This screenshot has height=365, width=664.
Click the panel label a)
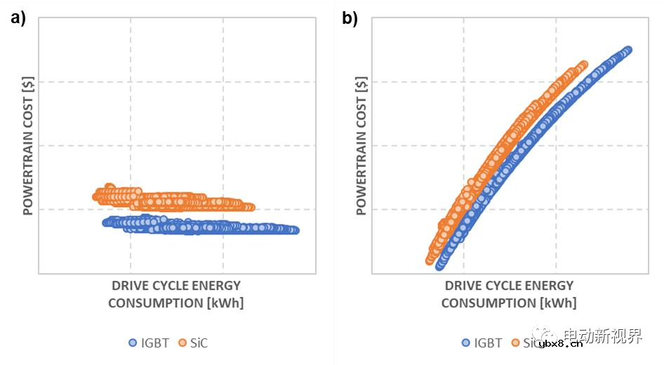(18, 19)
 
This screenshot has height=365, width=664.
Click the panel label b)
(350, 19)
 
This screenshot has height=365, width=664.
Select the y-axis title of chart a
(29, 145)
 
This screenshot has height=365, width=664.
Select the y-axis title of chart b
(361, 145)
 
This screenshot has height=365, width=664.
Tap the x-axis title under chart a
(176, 294)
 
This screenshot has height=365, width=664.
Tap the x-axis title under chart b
(509, 294)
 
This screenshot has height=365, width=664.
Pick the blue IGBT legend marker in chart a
(133, 343)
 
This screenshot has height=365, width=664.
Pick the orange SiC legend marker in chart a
(182, 343)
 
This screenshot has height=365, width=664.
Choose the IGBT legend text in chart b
(488, 343)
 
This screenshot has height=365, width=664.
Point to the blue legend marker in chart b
(465, 343)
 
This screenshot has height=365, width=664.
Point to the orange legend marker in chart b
(515, 343)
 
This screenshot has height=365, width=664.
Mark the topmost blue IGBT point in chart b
(628, 50)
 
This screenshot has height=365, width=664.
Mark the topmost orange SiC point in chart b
(583, 65)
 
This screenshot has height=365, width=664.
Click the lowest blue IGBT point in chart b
(440, 266)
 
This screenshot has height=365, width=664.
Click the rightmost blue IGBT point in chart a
(295, 230)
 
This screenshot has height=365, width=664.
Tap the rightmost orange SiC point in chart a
(250, 207)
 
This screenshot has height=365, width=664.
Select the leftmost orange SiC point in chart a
(97, 196)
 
